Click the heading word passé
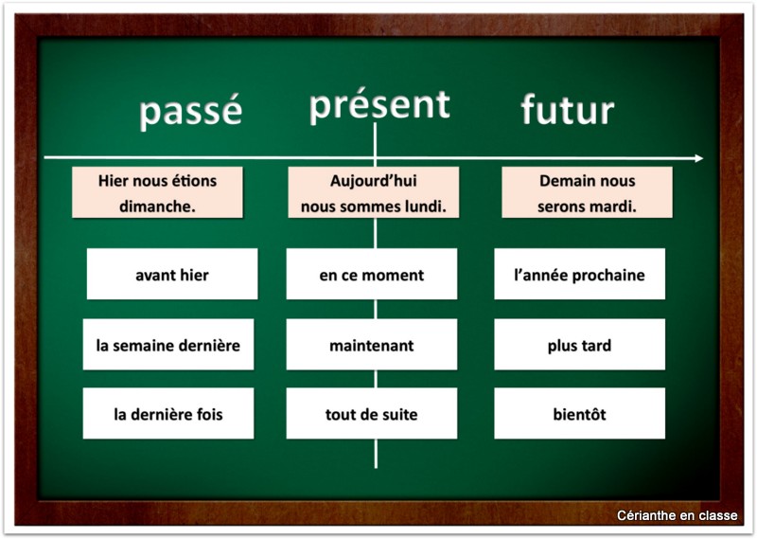pos(190,112)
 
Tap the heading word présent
pos(379,104)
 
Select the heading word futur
pos(568,110)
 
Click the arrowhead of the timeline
pos(698,158)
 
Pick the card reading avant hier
pos(172,275)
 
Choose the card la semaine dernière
pos(167,345)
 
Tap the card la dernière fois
pos(167,414)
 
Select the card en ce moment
pos(371,275)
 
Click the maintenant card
pos(371,345)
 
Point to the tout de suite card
pos(371,414)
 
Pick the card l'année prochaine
pos(579,275)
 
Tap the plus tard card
pos(579,345)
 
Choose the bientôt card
pos(579,414)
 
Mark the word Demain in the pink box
pos(565,181)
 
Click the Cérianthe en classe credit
pos(677,516)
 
